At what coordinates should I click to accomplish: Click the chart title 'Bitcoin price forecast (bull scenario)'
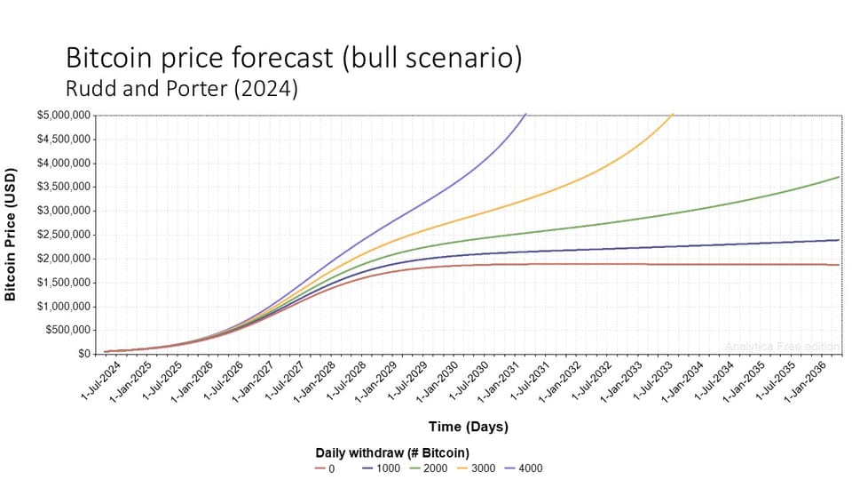(294, 59)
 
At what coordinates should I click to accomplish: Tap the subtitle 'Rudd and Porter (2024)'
(182, 89)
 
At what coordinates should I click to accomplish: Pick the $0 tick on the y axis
(84, 354)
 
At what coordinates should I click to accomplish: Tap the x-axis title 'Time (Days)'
(469, 427)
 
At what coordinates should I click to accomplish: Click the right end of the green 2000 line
(839, 177)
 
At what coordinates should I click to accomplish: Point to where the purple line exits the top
(525, 115)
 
